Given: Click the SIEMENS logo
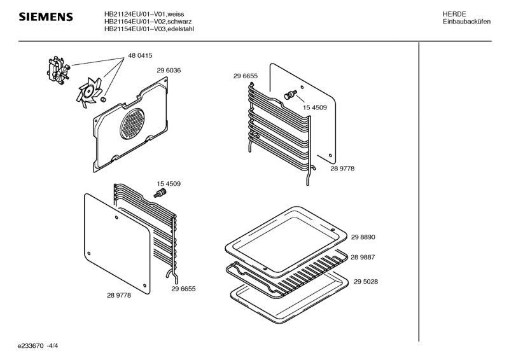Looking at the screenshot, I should pos(45,17).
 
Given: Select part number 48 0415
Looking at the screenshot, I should pos(140,56).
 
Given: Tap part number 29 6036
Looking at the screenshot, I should pos(169,71).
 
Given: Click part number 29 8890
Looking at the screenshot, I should pos(363,237).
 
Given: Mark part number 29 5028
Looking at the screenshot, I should pos(366,280).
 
